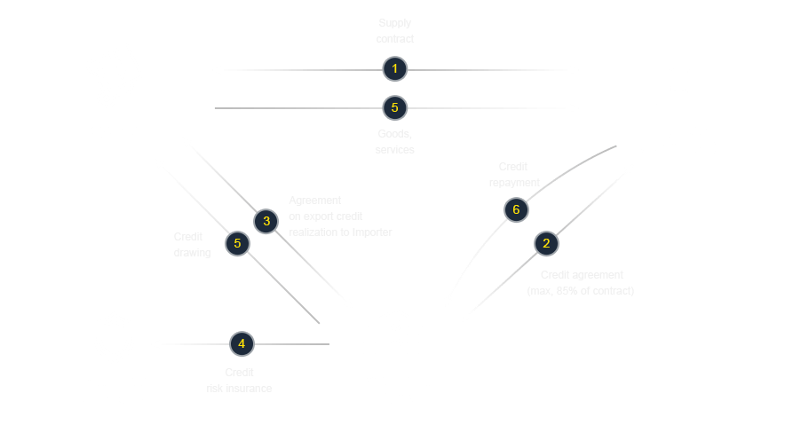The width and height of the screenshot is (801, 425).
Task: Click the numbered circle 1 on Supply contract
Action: [395, 69]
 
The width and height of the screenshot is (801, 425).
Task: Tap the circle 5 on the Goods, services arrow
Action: [395, 108]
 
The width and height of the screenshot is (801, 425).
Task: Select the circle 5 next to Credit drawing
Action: [236, 243]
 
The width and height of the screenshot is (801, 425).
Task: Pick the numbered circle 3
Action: [266, 221]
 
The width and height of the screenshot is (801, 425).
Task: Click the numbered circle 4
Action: [241, 343]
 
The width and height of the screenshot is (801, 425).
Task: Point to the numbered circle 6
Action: [515, 209]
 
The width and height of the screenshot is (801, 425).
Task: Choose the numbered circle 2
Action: [546, 243]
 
